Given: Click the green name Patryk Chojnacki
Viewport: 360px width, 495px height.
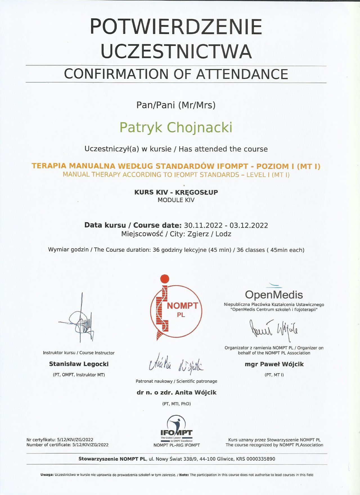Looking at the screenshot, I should click(x=176, y=127).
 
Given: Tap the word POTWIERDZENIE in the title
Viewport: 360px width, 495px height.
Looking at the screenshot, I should click(x=176, y=27).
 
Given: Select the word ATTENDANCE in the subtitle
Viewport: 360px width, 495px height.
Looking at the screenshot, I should click(x=242, y=74).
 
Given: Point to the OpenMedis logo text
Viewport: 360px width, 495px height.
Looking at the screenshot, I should click(x=274, y=295).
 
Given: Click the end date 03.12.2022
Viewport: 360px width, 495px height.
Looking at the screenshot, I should click(x=249, y=226).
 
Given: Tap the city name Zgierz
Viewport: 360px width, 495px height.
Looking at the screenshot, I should click(x=198, y=234).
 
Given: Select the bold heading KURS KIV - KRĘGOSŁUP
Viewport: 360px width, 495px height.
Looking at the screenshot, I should click(x=176, y=192).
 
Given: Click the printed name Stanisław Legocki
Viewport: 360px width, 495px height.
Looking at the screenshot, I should click(x=79, y=364).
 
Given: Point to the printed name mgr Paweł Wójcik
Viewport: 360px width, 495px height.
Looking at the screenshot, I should click(x=274, y=364).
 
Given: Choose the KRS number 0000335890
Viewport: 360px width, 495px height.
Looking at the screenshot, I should click(x=261, y=459).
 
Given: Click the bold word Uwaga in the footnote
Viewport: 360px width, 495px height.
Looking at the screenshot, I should click(x=47, y=475).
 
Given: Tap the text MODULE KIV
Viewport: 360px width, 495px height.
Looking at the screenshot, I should click(x=176, y=200).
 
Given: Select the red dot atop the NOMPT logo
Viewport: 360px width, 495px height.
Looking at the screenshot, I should click(x=165, y=279).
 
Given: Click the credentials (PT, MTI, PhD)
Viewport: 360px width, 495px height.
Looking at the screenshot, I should click(x=176, y=404).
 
